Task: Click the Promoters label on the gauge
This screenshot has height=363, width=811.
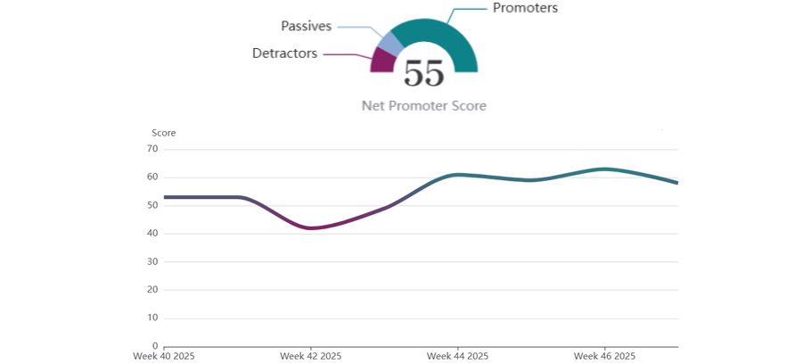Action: pos(525,8)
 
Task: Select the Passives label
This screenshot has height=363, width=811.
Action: pos(306,26)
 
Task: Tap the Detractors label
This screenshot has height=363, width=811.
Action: pos(284,54)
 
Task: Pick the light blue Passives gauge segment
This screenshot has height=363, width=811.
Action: pos(388,41)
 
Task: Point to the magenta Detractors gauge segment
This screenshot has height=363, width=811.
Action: pos(381,62)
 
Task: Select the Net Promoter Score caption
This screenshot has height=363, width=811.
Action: pos(423,105)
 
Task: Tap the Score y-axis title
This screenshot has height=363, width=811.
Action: pos(163,133)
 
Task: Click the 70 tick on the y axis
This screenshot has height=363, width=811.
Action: pos(152,149)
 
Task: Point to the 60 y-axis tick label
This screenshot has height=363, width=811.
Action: pos(152,177)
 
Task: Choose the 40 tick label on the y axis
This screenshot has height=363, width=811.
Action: pos(152,234)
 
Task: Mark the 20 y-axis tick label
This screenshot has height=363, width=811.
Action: pos(152,290)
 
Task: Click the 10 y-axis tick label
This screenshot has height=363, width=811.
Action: pos(152,318)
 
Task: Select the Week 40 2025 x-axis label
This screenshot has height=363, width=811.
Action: pos(164,356)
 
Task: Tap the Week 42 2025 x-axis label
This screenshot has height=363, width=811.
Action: pos(310,356)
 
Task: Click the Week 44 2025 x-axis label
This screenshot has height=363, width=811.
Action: pos(457,356)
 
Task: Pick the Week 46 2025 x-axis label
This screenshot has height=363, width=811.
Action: pos(604,356)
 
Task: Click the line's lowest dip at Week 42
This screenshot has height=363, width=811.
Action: pos(310,228)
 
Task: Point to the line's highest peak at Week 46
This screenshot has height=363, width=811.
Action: pos(604,169)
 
